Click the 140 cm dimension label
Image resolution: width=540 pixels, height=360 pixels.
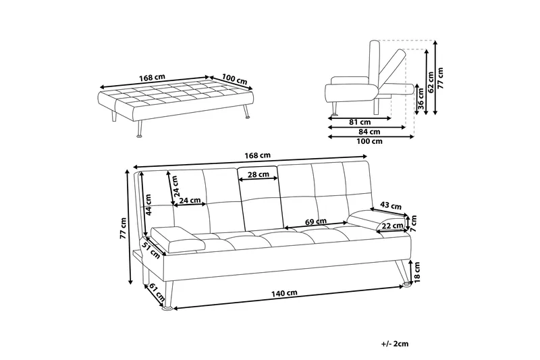286,293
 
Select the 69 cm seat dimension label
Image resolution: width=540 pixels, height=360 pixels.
317,221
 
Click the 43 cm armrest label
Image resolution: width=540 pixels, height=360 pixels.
391,205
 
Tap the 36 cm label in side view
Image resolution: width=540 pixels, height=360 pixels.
421,97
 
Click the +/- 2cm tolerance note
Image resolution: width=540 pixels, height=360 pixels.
395,344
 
